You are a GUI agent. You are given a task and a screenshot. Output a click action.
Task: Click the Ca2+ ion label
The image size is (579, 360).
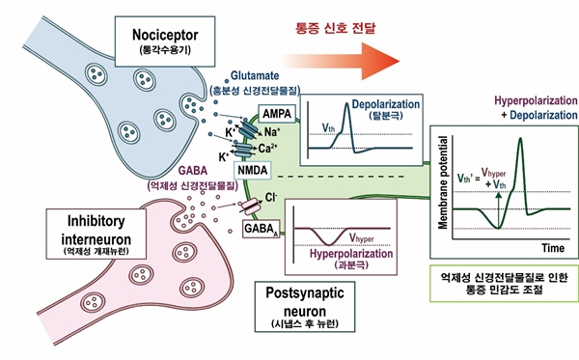point(265,150)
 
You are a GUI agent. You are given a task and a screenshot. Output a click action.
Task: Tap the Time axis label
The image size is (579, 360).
point(553,247)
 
